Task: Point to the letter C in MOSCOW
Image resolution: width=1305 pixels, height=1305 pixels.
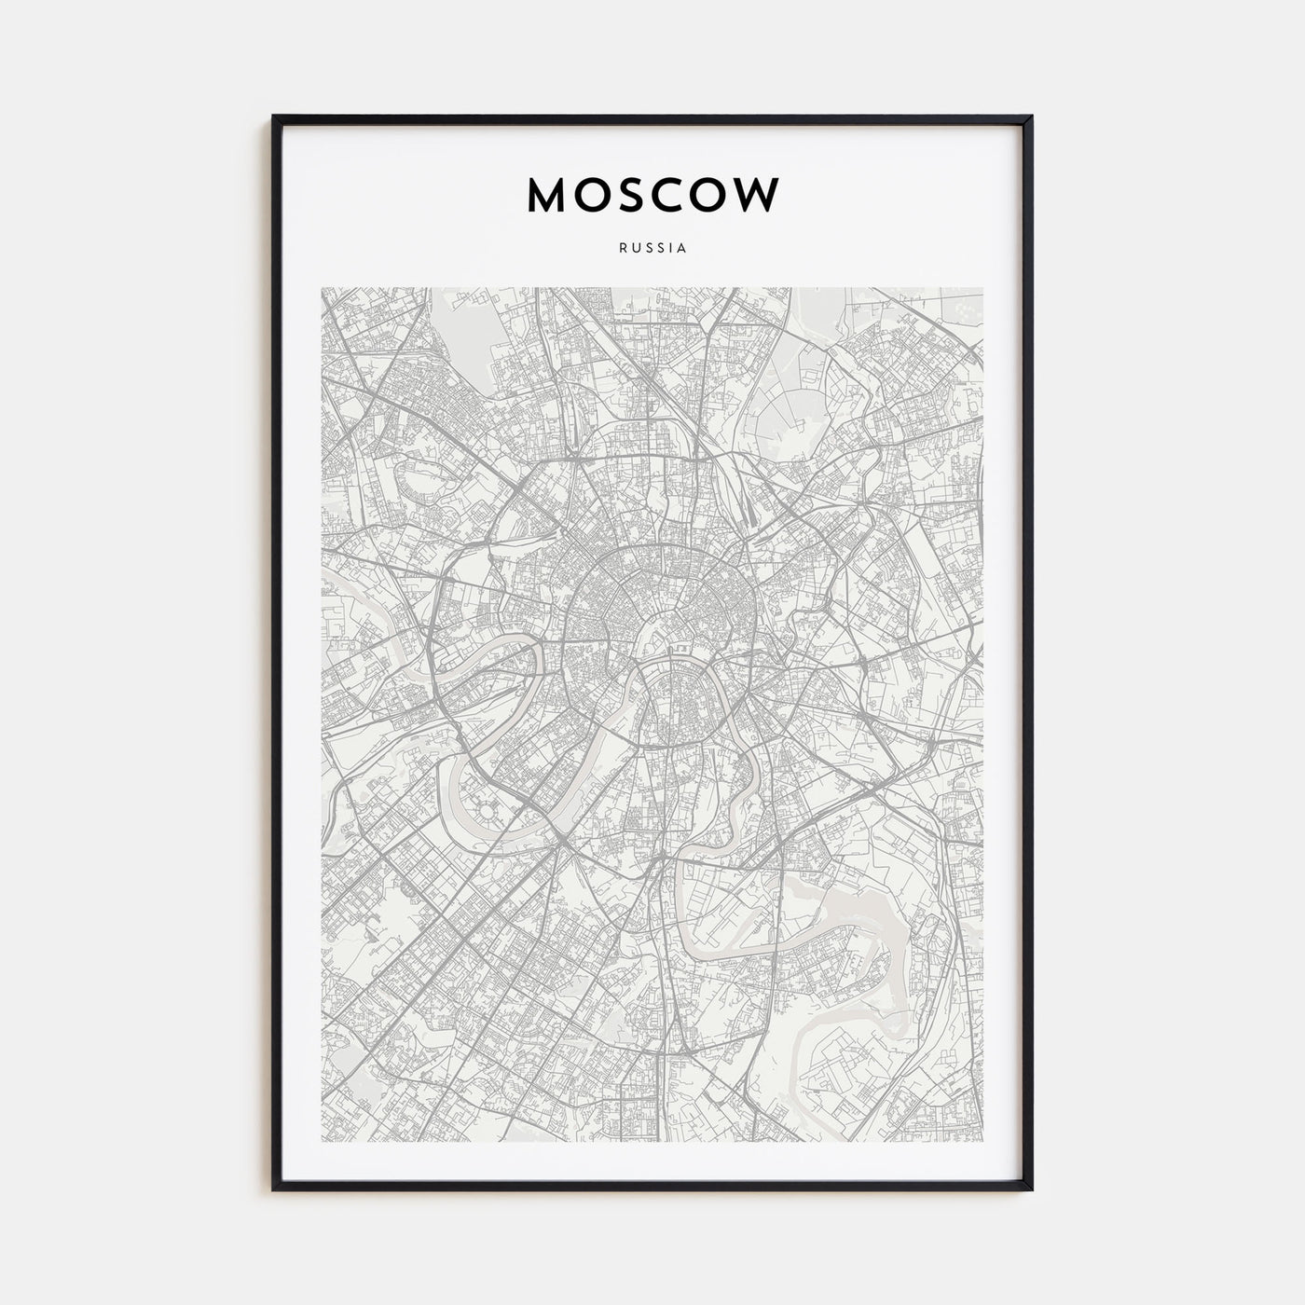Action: tap(672, 194)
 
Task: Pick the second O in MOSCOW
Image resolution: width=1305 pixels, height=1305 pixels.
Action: tap(713, 194)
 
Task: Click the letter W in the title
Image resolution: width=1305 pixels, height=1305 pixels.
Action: tap(759, 194)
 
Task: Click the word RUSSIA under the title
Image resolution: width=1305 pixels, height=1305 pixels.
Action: tap(652, 249)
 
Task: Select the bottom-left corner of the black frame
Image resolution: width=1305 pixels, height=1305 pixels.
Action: tap(274, 1189)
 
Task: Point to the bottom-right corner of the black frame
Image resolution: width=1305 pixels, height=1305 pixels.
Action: tap(1031, 1189)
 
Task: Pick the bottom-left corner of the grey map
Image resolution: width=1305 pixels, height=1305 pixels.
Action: tap(323, 1143)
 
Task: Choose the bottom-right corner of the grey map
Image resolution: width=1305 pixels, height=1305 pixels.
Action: tap(982, 1143)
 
